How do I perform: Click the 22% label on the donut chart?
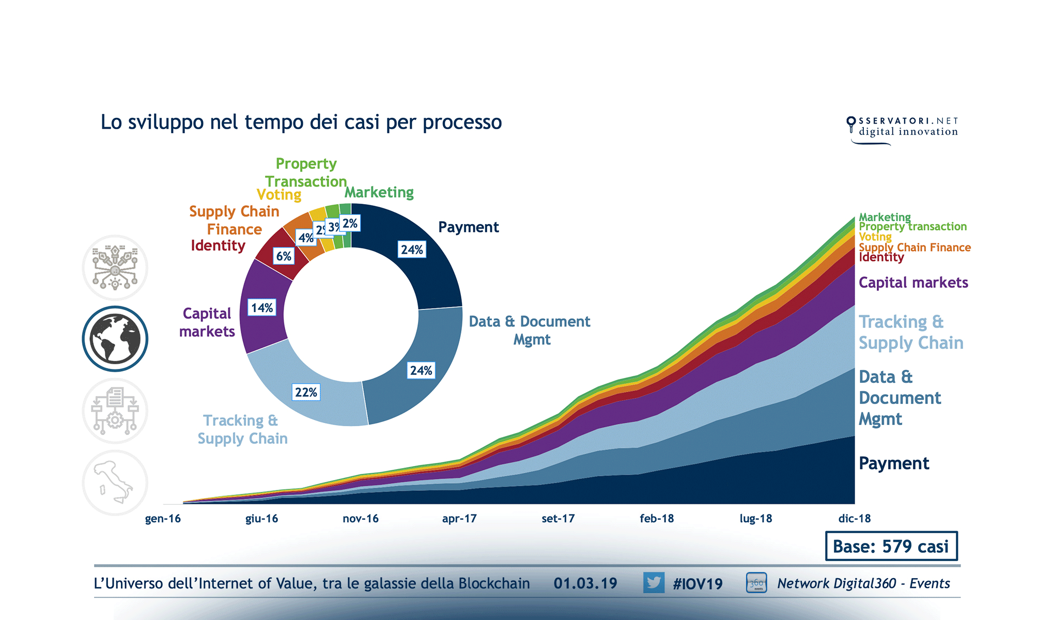306,392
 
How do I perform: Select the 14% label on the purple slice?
262,308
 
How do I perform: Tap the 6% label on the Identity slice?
284,256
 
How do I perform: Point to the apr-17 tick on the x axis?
459,518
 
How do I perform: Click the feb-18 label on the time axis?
657,518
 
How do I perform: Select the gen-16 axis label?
163,518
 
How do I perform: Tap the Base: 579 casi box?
891,546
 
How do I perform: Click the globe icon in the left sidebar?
115,339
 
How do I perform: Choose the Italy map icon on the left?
115,483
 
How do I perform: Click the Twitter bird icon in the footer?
654,583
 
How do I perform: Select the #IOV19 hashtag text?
698,584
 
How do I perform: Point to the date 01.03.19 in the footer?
585,583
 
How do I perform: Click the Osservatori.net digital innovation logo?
902,128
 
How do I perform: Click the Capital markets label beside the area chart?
913,283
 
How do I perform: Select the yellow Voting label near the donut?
279,195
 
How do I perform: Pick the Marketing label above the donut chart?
379,192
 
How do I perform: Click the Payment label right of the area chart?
894,463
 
